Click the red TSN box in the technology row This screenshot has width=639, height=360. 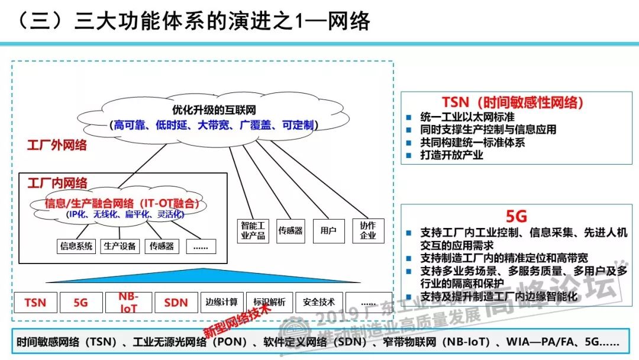[35, 303]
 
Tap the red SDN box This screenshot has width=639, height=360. [176, 303]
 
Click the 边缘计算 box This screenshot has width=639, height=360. [222, 302]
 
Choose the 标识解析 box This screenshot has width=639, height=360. [269, 302]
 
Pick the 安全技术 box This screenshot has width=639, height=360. [319, 302]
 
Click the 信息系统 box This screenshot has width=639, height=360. [76, 246]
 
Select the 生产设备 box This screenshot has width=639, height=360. [120, 246]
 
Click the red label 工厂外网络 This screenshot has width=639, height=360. [57, 145]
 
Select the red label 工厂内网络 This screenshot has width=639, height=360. [57, 184]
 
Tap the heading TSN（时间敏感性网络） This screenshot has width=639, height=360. [512, 102]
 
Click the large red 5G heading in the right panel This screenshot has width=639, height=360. [516, 217]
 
